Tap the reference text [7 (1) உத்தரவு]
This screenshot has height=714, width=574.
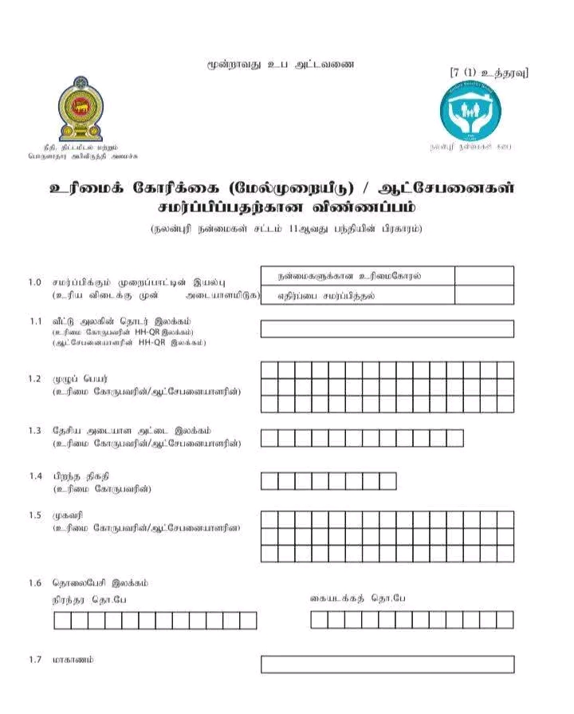pyautogui.click(x=489, y=73)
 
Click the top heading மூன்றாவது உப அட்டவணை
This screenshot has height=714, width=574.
pyautogui.click(x=279, y=64)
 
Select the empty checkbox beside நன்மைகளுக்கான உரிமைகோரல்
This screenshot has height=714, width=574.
pyautogui.click(x=484, y=276)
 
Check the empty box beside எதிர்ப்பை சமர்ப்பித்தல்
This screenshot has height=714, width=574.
pyautogui.click(x=484, y=295)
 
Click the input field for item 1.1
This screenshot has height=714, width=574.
pyautogui.click(x=387, y=329)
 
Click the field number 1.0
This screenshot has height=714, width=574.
pyautogui.click(x=34, y=282)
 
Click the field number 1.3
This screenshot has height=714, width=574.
pyautogui.click(x=34, y=431)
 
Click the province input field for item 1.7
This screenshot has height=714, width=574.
pyautogui.click(x=387, y=664)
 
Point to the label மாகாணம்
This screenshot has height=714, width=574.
pyautogui.click(x=73, y=660)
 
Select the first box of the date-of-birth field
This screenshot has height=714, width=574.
pyautogui.click(x=269, y=481)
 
